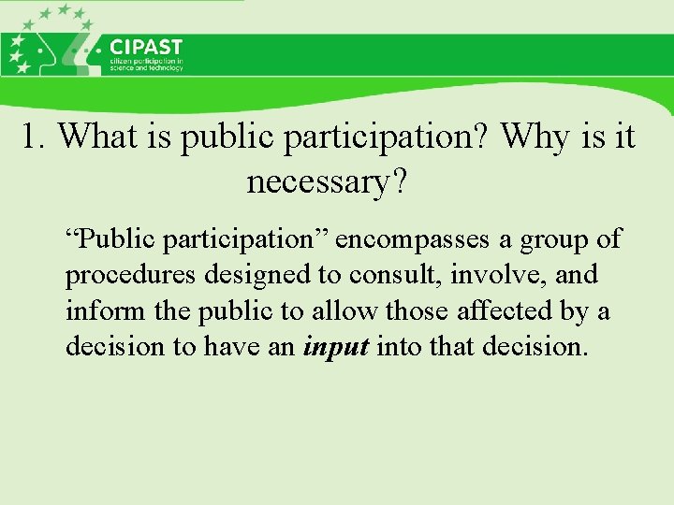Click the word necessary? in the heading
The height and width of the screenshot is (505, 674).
327,182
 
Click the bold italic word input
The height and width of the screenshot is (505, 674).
337,347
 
